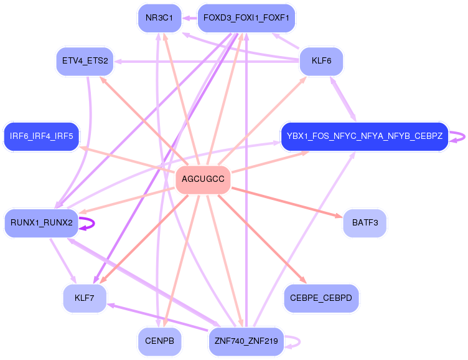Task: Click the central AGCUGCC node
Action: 203,179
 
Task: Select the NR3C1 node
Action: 159,17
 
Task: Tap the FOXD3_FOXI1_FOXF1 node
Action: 246,17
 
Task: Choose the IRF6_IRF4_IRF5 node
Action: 42,136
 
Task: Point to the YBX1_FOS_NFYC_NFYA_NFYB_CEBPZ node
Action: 364,136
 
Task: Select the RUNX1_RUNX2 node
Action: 42,222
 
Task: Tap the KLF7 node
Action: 85,298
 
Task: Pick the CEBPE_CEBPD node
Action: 321,298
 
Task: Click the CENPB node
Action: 159,341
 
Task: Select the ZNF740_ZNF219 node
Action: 246,341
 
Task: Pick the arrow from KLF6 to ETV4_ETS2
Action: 205,61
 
